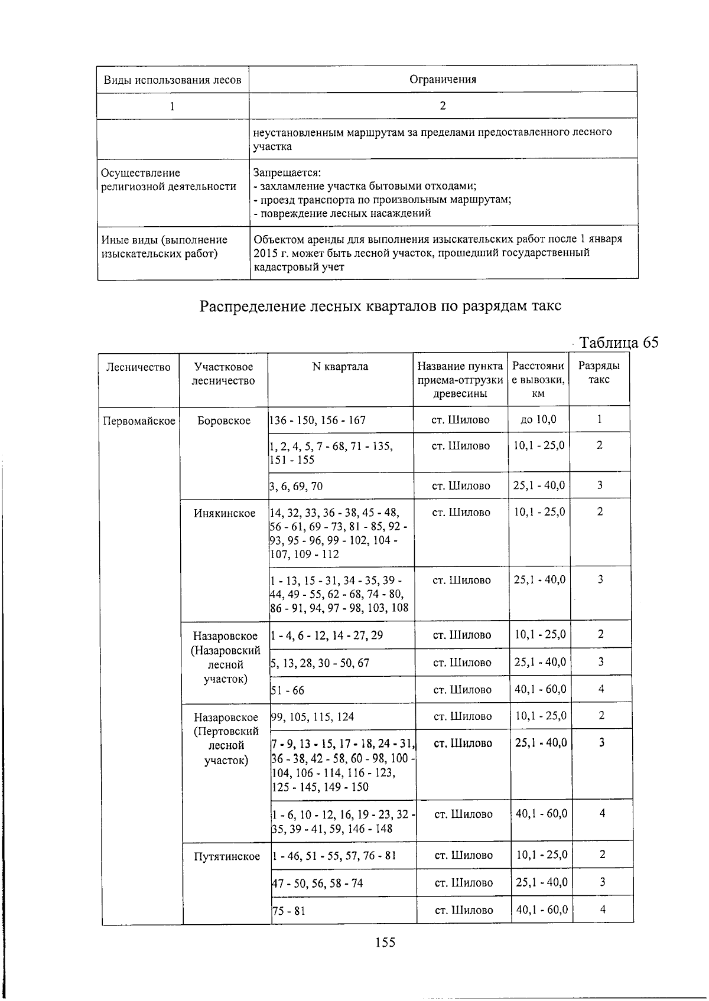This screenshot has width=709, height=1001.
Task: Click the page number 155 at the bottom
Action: pos(385,943)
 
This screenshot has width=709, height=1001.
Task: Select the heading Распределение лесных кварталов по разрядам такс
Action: pos(380,307)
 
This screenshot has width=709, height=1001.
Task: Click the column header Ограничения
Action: pos(443,80)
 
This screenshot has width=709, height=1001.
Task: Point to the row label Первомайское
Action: pos(139,421)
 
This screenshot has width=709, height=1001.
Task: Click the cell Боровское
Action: pos(223,421)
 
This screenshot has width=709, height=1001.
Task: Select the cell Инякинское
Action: pos(225,513)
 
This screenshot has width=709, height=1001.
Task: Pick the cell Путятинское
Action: pos(227,856)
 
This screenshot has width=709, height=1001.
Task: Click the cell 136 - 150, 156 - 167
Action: pos(318,420)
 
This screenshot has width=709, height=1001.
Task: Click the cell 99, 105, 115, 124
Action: pos(313,717)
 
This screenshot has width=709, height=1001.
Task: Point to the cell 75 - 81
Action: pos(289,911)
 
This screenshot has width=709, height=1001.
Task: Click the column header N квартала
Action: pos(340,367)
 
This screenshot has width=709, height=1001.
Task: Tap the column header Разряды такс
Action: pos(599,373)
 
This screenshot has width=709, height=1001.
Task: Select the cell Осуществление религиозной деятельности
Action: pos(169,180)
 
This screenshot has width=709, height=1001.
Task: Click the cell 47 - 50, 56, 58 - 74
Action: pos(318,883)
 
